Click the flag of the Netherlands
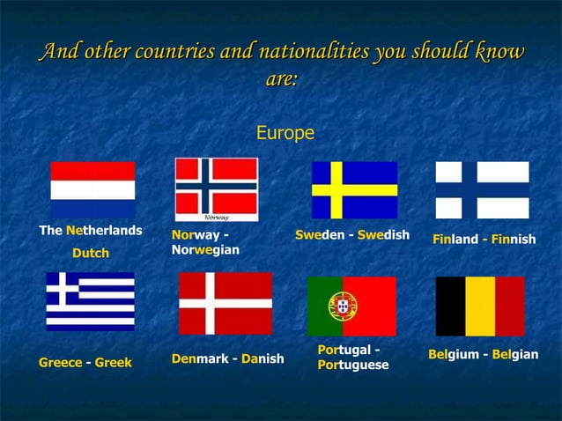pos(92,188)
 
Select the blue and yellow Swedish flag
pos(354,189)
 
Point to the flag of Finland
pos(482,189)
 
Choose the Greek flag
pos(90,300)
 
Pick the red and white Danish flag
pos(226,303)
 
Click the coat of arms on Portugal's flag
pos(342,306)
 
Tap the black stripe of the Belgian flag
pos(450,306)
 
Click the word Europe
pos(285,134)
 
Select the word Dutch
pos(90,254)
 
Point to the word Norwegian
pos(204,251)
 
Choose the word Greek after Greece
pos(113,363)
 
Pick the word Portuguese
pos(352,365)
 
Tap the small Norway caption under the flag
pos(217,217)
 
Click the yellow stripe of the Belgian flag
pos(480,306)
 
